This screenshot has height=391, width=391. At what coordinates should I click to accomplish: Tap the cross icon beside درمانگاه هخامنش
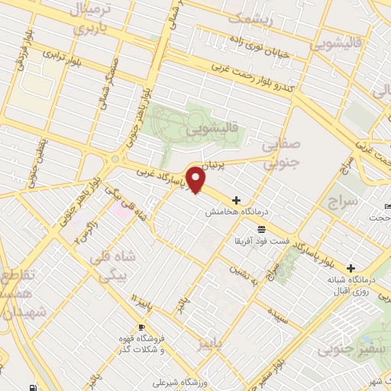pyautogui.click(x=236, y=200)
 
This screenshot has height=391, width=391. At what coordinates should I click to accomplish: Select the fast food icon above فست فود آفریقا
pyautogui.click(x=261, y=229)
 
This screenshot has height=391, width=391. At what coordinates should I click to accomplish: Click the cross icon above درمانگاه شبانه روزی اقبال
pyautogui.click(x=351, y=268)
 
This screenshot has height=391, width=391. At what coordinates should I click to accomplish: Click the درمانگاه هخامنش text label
pyautogui.click(x=233, y=214)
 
